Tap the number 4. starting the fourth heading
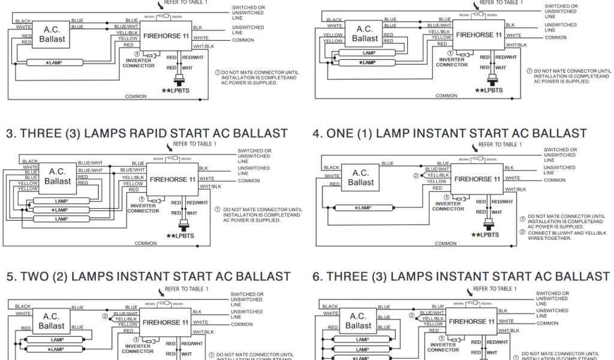pos(318,133)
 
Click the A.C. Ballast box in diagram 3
pos(58,176)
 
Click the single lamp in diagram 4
pos(363,208)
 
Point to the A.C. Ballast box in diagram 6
pos(358,320)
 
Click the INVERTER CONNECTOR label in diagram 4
pos(448,206)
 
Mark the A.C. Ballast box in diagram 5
pos(52,321)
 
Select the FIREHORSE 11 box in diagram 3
pos(172,179)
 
